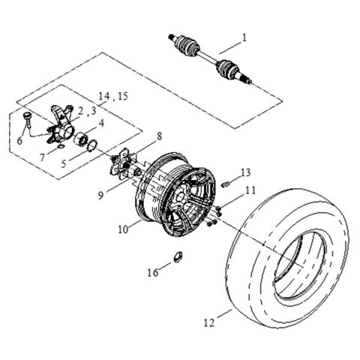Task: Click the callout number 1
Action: click(243, 36)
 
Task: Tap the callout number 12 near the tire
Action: click(207, 323)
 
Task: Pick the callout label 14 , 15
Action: click(114, 97)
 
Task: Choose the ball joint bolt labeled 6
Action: click(25, 118)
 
